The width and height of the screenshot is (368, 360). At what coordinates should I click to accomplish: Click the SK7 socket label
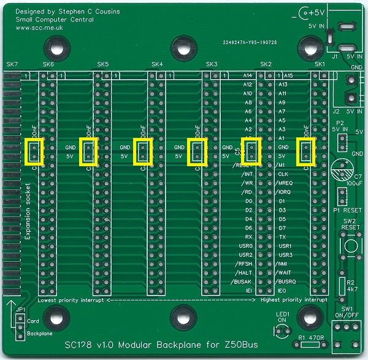click(x=12, y=64)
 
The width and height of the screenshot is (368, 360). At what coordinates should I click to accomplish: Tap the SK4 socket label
click(x=157, y=64)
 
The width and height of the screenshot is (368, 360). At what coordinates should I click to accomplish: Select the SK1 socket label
click(x=319, y=64)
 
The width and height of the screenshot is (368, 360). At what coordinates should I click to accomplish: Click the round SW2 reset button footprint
click(x=350, y=246)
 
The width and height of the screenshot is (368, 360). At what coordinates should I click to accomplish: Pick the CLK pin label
click(x=283, y=174)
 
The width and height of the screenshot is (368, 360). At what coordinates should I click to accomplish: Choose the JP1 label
click(x=20, y=310)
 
